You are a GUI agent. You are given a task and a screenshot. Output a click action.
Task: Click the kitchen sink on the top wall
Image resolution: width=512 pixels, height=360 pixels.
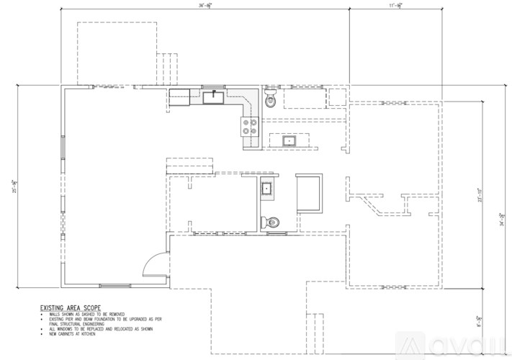click(213, 96)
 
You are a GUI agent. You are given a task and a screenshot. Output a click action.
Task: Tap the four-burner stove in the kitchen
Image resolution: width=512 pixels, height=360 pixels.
click(251, 127)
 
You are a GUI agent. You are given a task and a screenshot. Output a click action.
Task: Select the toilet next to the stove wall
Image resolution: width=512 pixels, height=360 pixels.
click(271, 99)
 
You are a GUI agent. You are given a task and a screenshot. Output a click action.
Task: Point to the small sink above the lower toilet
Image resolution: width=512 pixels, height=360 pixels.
click(268, 189)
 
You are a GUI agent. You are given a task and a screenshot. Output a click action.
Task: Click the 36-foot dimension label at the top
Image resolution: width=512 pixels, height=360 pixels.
click(205, 6)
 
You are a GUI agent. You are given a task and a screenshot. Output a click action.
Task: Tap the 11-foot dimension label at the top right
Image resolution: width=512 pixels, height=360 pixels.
click(395, 6)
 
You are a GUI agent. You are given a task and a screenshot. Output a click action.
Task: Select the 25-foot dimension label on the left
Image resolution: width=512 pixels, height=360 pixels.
click(9, 186)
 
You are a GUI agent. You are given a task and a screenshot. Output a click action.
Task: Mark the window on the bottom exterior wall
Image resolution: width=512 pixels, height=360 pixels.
click(114, 286)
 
